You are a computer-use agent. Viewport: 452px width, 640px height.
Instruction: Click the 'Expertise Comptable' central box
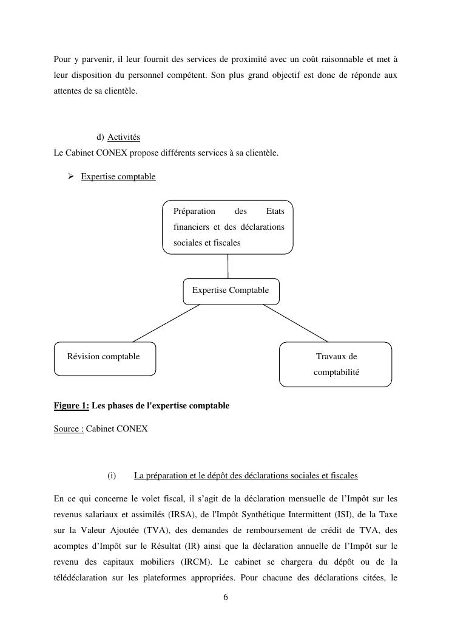[231, 291]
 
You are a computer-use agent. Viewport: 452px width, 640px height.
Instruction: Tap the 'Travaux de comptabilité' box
[336, 364]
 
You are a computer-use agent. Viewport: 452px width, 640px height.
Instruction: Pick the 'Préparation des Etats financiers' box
[228, 227]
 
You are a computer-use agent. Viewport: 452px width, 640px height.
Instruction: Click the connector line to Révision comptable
[166, 323]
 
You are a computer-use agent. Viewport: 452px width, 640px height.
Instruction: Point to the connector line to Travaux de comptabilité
[295, 323]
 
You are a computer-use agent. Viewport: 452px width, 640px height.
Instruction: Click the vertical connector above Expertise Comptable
[228, 266]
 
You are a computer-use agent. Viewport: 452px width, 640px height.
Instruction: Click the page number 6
[226, 597]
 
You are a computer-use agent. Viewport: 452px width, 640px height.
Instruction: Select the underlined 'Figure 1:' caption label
[72, 406]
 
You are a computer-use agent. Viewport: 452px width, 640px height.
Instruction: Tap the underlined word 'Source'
[67, 429]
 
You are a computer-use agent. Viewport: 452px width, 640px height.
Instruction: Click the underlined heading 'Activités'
[124, 137]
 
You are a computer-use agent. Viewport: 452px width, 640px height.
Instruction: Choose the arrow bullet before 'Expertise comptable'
[70, 176]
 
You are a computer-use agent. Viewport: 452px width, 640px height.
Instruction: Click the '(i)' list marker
[112, 475]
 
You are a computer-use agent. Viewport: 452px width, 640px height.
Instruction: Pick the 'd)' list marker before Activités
[100, 137]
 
